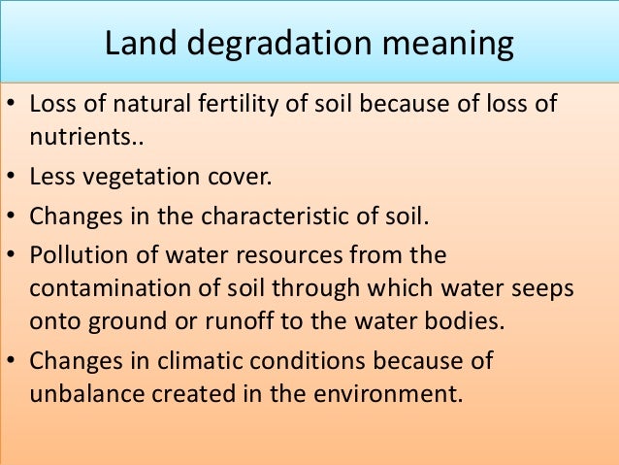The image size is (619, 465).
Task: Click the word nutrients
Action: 84,139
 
